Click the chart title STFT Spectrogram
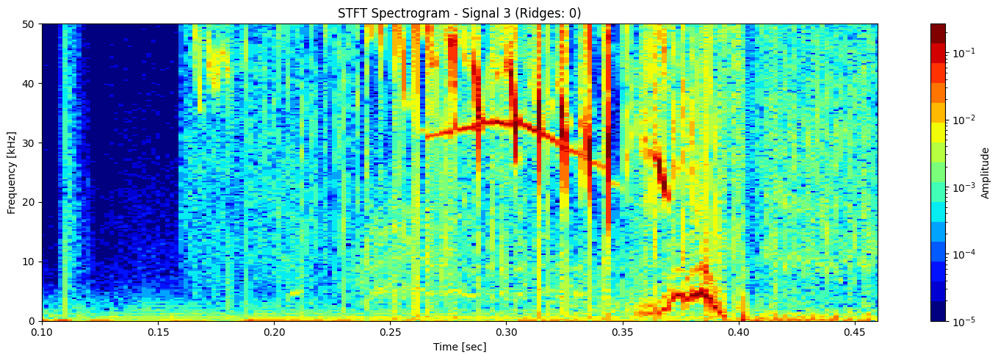459,13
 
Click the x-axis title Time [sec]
459,347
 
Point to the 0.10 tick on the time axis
42,333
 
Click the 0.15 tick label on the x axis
158,333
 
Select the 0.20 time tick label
274,333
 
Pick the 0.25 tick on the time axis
390,333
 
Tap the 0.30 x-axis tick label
506,333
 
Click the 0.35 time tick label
622,333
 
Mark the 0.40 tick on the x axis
738,333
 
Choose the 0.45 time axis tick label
854,333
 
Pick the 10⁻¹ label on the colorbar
963,53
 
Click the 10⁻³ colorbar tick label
963,187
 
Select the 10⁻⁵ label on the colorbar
963,321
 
